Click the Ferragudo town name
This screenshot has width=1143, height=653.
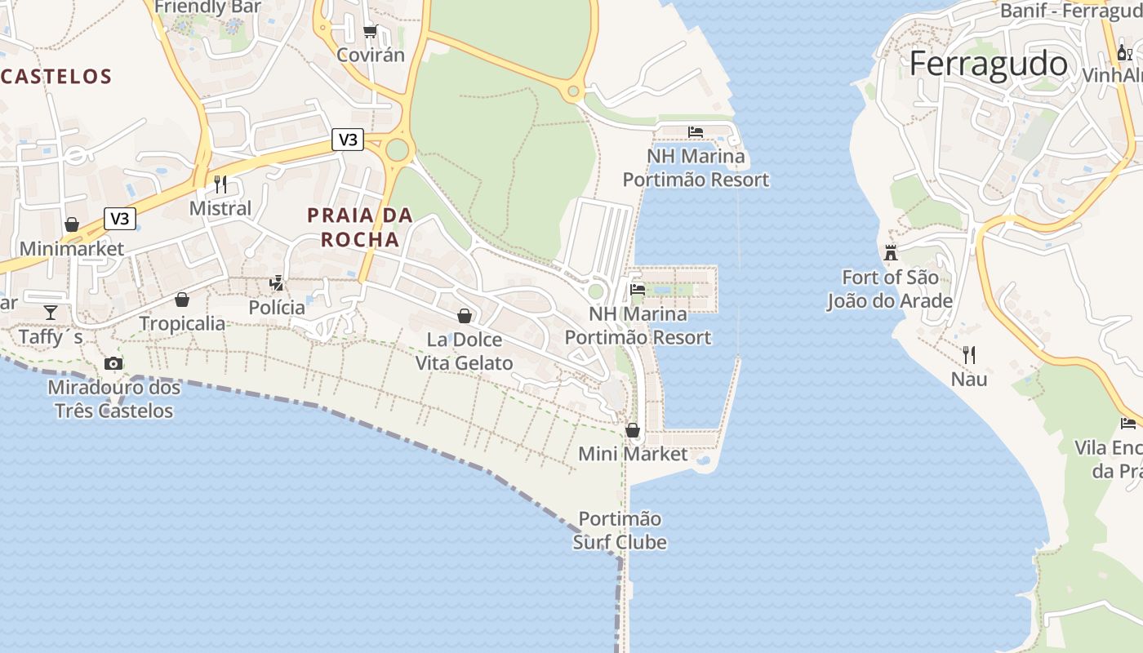(x=988, y=64)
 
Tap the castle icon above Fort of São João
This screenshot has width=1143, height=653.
(x=891, y=252)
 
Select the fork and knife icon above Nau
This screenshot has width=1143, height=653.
(x=969, y=354)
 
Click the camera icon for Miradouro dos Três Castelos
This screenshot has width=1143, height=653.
(x=113, y=363)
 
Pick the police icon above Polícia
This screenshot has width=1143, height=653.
(x=277, y=283)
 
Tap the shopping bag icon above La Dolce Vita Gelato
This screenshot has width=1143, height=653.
(x=465, y=316)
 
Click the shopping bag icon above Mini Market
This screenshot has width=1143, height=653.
(x=633, y=429)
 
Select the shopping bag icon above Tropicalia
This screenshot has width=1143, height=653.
(x=182, y=300)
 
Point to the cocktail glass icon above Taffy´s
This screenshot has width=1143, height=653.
(x=51, y=313)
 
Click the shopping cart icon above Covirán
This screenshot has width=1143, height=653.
(x=370, y=31)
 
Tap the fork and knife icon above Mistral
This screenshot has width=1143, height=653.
(x=220, y=184)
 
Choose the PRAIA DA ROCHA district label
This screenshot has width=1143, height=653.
(x=360, y=227)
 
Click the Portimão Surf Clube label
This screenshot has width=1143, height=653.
(x=620, y=531)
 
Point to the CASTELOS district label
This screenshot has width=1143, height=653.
(x=56, y=77)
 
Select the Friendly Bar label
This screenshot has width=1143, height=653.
(x=207, y=7)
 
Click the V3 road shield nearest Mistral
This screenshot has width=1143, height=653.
(x=120, y=218)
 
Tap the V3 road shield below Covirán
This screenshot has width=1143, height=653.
(x=348, y=140)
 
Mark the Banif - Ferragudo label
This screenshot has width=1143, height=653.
(x=1070, y=11)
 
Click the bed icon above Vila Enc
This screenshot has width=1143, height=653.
(x=1128, y=423)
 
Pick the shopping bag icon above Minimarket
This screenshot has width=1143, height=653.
(x=72, y=224)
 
